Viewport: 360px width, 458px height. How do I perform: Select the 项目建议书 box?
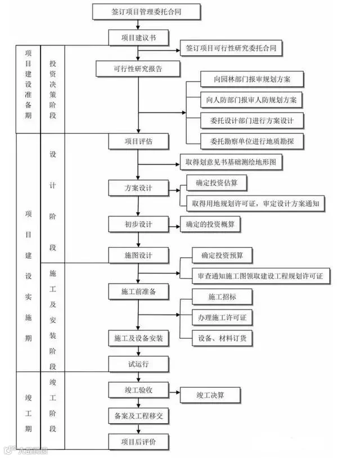coord(138,37)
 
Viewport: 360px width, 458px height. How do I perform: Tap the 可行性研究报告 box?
coord(138,69)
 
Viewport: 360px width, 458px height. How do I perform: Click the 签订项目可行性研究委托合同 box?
coord(231,49)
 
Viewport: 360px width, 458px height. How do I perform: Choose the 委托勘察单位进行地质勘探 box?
coord(252,141)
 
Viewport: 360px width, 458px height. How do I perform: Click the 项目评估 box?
coord(138,141)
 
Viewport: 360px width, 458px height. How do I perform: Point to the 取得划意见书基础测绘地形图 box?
coord(231,162)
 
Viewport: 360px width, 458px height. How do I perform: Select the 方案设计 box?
coord(138,187)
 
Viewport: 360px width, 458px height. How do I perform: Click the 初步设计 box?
coord(138,224)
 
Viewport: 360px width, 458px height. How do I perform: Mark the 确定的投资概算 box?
coord(211,224)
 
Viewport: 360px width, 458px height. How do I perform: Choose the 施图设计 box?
coord(138,255)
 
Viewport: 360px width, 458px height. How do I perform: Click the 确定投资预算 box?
coord(222,255)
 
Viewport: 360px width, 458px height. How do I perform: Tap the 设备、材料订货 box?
coord(222,338)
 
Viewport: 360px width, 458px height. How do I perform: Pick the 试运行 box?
coord(138,363)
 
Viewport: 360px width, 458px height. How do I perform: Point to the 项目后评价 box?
coord(138,442)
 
